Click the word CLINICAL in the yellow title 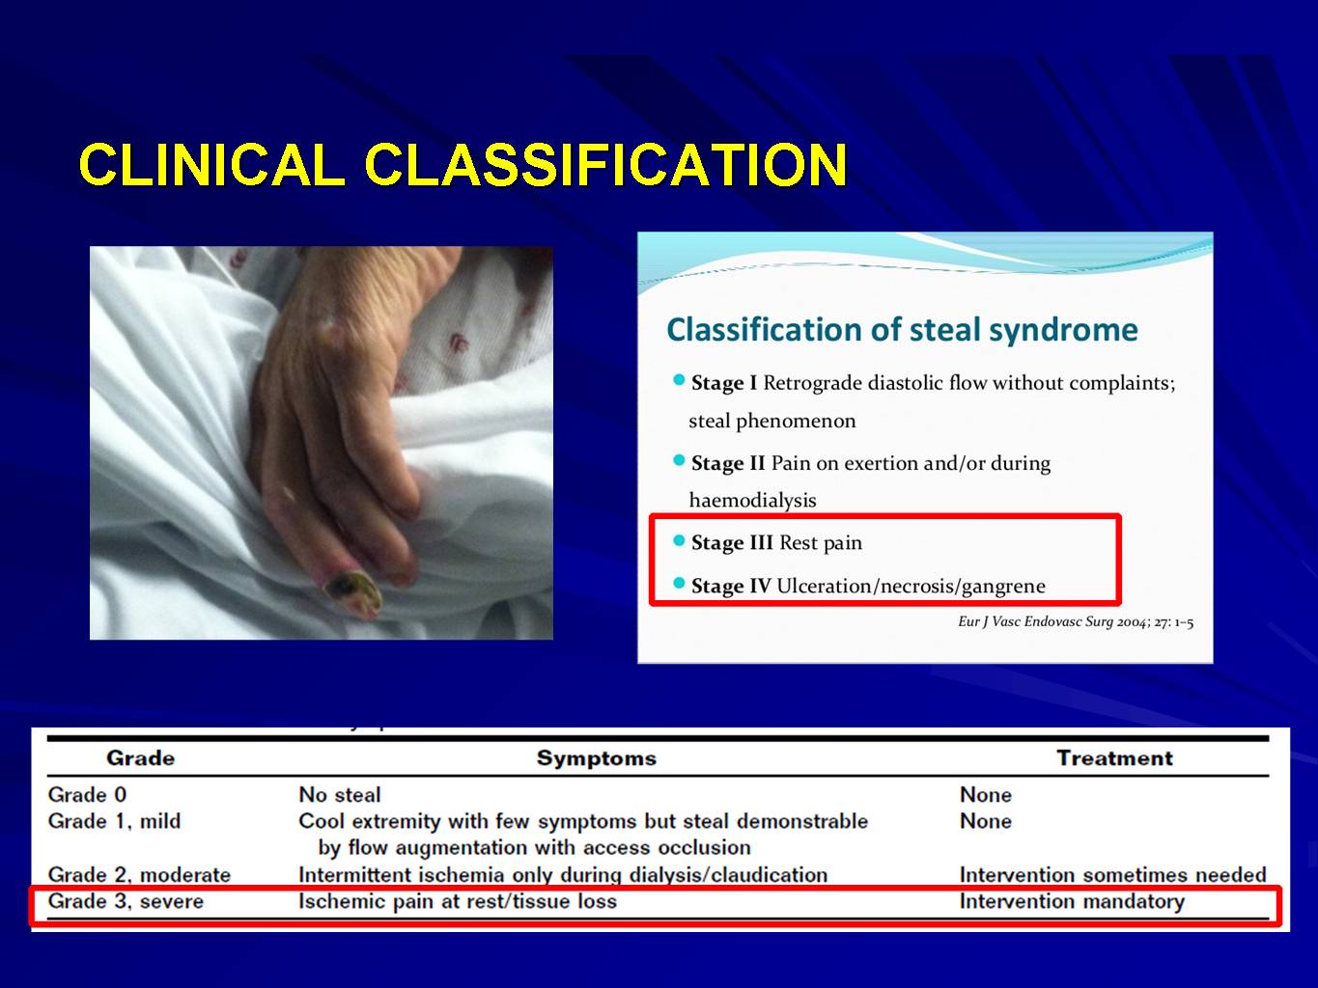[x=212, y=164]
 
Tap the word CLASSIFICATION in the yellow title [x=605, y=164]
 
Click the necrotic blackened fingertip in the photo [x=354, y=590]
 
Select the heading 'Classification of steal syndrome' [x=902, y=330]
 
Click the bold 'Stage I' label [x=723, y=382]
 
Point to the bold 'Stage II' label [x=728, y=462]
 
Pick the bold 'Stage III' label [x=732, y=542]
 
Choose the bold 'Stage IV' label [x=731, y=586]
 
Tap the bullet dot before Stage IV [x=679, y=583]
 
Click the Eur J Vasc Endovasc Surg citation [x=1076, y=621]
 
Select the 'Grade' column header [x=141, y=758]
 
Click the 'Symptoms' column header [x=597, y=758]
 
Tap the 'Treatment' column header [x=1114, y=758]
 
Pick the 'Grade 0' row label [x=87, y=795]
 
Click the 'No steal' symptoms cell [x=340, y=795]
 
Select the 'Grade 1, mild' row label [x=114, y=821]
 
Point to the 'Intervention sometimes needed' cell [x=1112, y=874]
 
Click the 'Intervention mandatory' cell [x=1073, y=901]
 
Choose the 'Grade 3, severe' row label [x=126, y=901]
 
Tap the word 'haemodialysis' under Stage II [x=752, y=501]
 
